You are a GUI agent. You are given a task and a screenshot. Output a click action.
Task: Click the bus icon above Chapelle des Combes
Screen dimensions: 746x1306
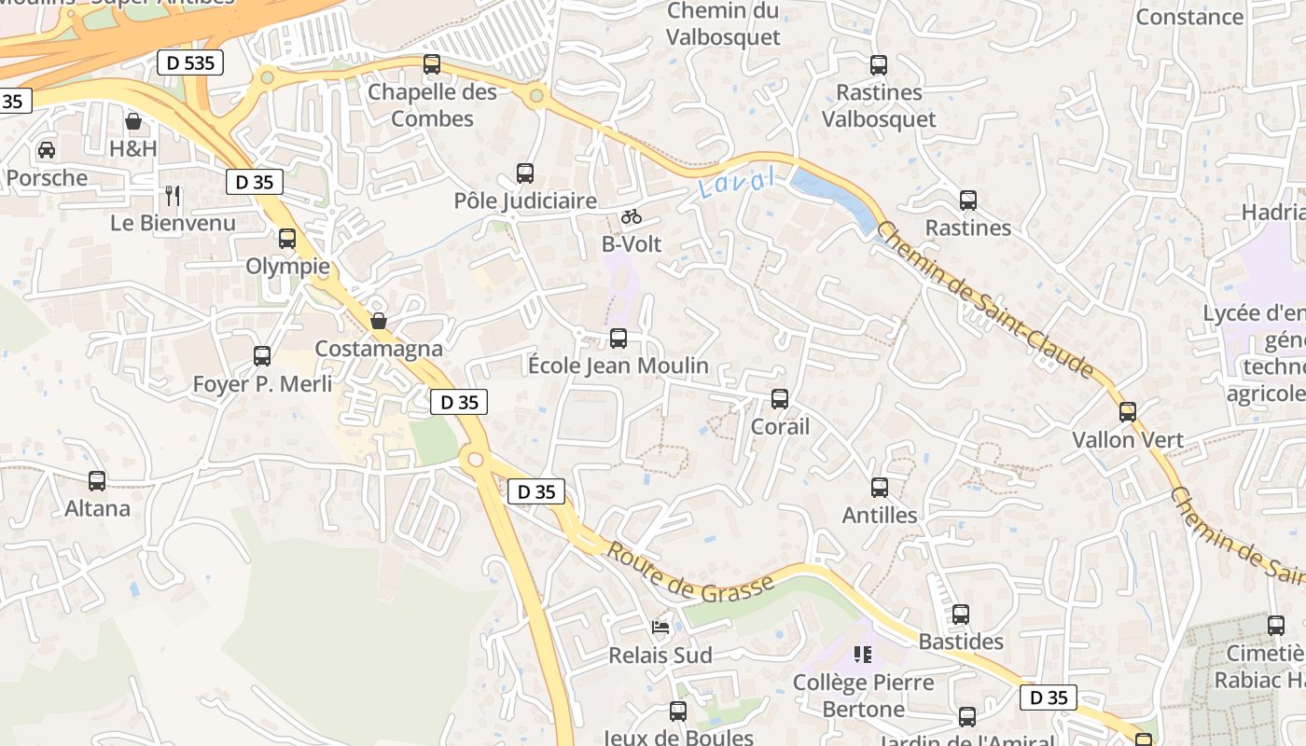coord(431,64)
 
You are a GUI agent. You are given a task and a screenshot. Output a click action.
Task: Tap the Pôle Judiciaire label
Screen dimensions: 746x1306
coord(525,200)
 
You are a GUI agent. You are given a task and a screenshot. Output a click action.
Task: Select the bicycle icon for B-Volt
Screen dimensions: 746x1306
coord(632,216)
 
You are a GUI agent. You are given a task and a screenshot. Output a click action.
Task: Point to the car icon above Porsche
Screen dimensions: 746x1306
coord(46,149)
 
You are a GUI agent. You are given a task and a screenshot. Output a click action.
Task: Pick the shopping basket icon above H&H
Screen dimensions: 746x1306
coord(133,121)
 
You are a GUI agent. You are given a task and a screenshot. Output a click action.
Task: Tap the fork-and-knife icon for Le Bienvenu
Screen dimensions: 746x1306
coord(173,195)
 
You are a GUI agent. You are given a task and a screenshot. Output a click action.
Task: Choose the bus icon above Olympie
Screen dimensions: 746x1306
coord(287,239)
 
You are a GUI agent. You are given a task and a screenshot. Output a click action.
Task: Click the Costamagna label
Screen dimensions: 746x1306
coord(379,348)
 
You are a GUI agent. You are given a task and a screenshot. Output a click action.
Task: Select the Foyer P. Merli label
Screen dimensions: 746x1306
coord(262,383)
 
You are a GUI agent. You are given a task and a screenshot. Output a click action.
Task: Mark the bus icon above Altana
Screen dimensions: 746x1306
coord(97,481)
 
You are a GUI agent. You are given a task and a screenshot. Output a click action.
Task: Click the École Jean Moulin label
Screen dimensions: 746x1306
coord(618,366)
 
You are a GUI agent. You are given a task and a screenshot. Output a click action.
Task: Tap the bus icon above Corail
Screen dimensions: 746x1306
coord(780,399)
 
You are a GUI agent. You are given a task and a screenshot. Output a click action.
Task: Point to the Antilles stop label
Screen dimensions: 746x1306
coord(880,515)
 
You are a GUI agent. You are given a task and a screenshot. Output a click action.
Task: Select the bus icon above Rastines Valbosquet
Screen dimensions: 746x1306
coord(879,65)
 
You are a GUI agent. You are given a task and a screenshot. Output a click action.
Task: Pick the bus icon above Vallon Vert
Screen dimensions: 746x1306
coord(1128,412)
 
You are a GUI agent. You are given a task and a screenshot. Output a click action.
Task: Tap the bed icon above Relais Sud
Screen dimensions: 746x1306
coord(660,628)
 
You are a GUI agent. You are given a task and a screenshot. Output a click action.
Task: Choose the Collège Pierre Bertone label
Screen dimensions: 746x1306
coord(863,695)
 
